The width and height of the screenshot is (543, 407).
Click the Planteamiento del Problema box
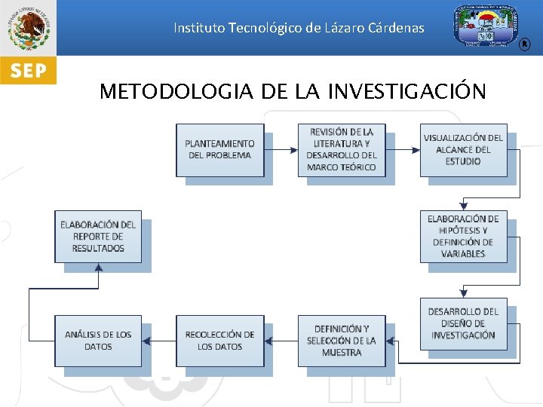(x=220, y=149)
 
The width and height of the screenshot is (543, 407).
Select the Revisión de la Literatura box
(x=342, y=149)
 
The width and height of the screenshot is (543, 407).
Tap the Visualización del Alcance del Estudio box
(x=463, y=149)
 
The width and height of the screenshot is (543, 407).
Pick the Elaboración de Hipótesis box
(x=463, y=236)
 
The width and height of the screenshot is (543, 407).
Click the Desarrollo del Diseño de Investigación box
(x=463, y=323)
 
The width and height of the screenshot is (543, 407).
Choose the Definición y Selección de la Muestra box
(x=342, y=341)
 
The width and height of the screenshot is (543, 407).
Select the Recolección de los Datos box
(x=220, y=341)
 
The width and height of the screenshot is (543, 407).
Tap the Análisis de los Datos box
(x=98, y=341)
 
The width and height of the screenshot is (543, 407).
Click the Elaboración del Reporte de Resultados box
(x=98, y=236)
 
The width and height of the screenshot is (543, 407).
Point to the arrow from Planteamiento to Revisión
(x=281, y=149)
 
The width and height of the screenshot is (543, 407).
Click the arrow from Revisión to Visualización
(x=403, y=149)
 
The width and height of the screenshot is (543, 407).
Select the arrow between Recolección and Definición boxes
(x=281, y=341)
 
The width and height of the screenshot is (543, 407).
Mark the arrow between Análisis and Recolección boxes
(x=159, y=341)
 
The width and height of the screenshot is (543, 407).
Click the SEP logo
(x=28, y=72)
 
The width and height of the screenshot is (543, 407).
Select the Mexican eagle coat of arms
(x=28, y=28)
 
